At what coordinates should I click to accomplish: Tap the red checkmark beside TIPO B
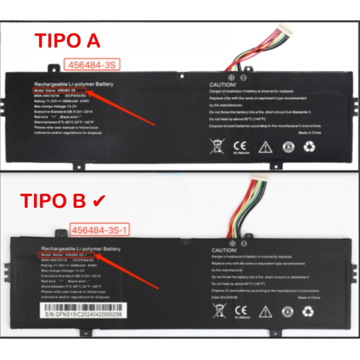point(99,201)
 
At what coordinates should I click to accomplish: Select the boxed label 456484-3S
point(92,65)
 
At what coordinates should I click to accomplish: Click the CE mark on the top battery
point(239,146)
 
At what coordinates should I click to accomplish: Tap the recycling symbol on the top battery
point(310,146)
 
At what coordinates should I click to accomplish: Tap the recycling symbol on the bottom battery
point(309,311)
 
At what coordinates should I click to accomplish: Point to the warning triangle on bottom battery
point(265,311)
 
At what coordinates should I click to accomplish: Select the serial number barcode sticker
point(83,311)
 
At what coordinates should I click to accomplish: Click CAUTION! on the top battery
point(222,85)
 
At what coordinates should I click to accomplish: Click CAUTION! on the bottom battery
point(224,250)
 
